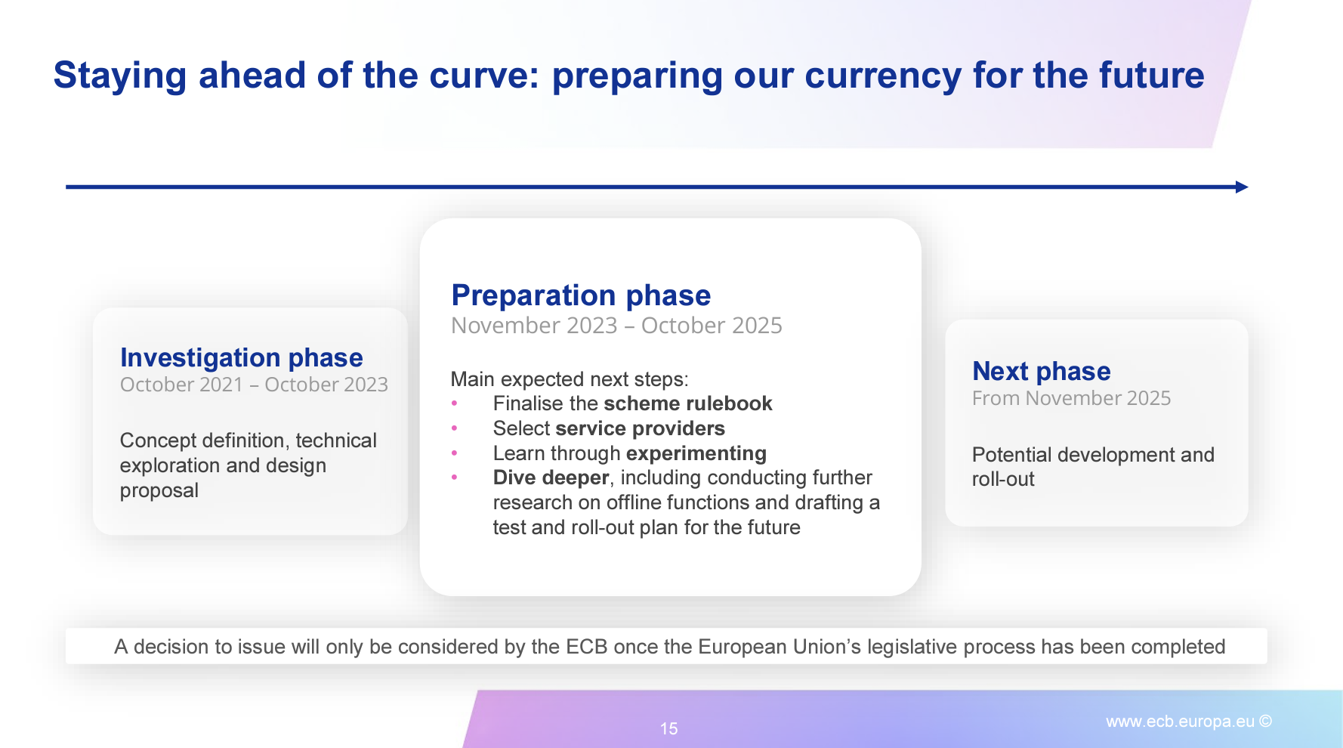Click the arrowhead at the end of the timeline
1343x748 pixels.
[1242, 187]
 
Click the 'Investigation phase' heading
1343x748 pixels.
[242, 357]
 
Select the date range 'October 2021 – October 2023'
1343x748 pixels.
[254, 385]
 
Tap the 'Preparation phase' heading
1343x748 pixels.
[581, 295]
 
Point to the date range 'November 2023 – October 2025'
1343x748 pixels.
[616, 326]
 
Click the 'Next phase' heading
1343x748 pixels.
[1042, 371]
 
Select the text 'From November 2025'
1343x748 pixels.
[1071, 398]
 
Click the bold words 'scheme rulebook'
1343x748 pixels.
[688, 403]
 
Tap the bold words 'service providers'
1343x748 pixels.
[641, 428]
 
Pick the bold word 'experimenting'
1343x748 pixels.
[696, 453]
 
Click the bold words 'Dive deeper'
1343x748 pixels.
[551, 478]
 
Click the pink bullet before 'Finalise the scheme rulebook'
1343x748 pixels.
[454, 403]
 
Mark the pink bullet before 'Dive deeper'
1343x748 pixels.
[454, 478]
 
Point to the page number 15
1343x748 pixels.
[668, 728]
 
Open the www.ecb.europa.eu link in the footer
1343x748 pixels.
[1180, 722]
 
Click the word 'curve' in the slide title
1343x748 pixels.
[478, 76]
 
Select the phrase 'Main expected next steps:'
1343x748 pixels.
[570, 379]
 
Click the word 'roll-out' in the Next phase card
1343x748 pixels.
[1003, 479]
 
